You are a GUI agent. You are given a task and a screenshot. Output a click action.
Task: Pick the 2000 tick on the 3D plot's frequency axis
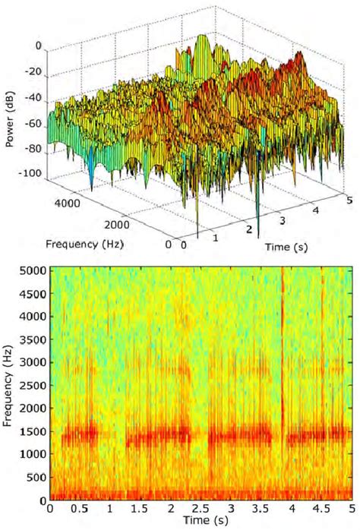121,226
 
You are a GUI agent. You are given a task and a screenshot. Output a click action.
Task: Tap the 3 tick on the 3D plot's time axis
283,220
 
